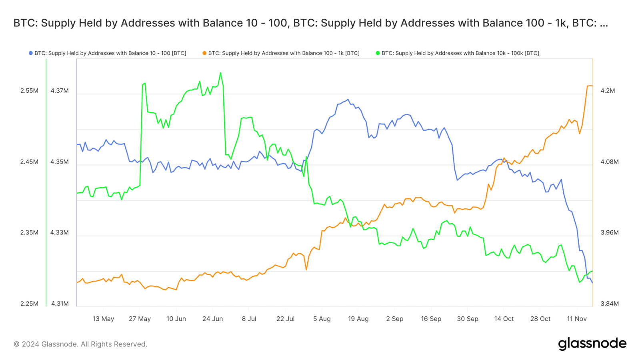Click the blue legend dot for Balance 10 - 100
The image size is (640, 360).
(30, 53)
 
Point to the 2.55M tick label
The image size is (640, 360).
(29, 91)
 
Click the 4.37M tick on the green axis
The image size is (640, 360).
(60, 91)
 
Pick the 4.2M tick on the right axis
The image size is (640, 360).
(608, 91)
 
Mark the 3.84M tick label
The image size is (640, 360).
(610, 304)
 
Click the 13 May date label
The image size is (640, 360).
(103, 319)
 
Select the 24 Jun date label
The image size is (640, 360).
(212, 319)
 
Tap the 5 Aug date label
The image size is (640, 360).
(322, 319)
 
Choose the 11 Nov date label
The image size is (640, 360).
(576, 319)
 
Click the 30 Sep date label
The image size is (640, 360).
(467, 319)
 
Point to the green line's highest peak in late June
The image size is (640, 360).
(220, 73)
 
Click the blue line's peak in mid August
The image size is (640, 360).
(348, 100)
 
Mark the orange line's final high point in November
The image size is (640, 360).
(589, 86)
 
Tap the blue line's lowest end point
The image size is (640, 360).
(592, 283)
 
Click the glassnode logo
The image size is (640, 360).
(592, 344)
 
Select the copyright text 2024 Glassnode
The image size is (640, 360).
(80, 344)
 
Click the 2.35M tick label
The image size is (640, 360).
(29, 233)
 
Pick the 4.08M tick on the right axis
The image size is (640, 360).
(610, 162)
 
